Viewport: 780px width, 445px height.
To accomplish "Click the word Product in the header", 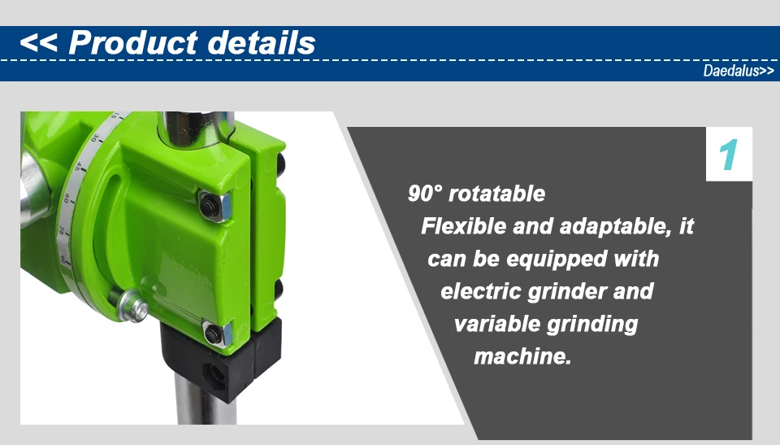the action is tap(133, 42).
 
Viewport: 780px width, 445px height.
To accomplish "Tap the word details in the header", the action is tap(261, 42).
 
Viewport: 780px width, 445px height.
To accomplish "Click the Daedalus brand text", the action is tap(731, 71).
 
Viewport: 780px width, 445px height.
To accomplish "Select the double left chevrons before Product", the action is tap(38, 43).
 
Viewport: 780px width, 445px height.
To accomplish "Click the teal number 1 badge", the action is tap(729, 155).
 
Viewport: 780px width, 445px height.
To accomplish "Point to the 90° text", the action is tap(425, 194).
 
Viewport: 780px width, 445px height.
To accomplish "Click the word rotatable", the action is tap(496, 194).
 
